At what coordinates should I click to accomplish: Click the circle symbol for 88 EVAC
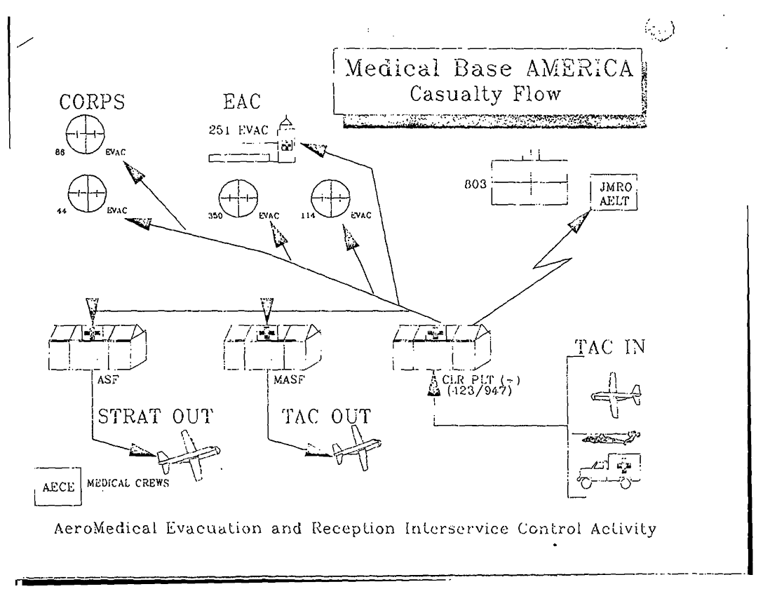83,132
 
